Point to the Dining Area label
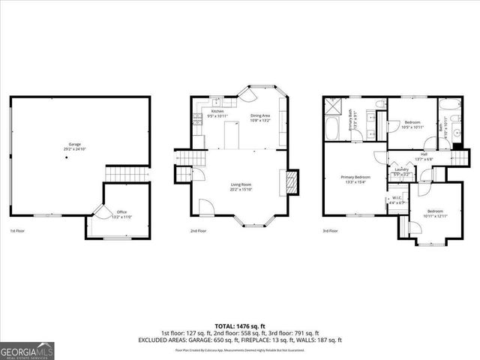[x=259, y=116]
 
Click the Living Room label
[x=240, y=187]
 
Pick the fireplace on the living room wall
[x=292, y=181]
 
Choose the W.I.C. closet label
[x=397, y=200]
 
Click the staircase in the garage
[x=118, y=174]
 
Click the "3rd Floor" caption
[x=330, y=231]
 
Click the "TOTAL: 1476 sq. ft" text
[x=240, y=325]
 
